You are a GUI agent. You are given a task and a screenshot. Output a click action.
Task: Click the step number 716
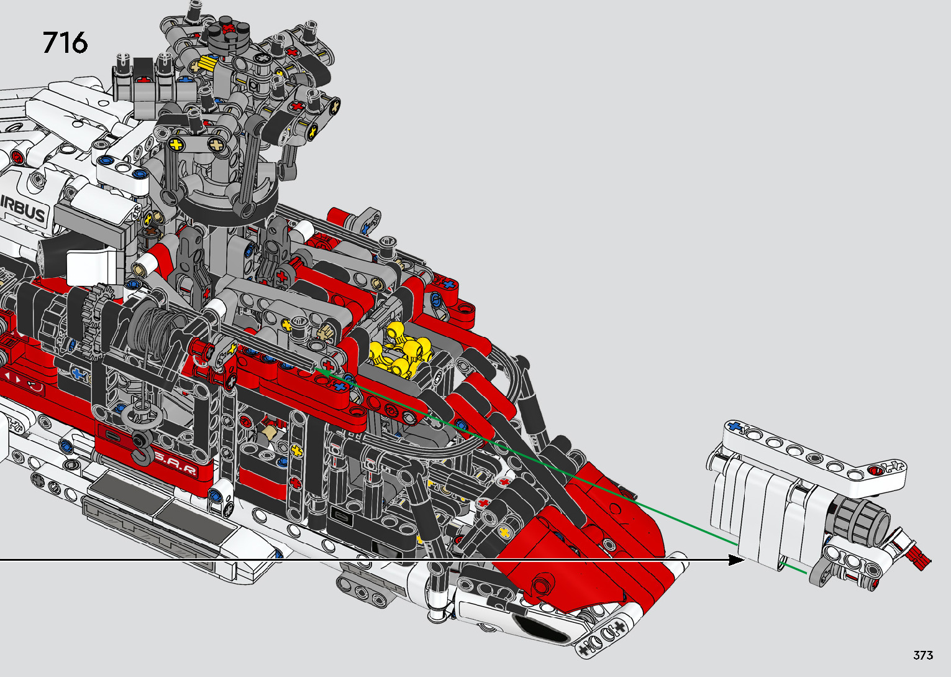coord(65,42)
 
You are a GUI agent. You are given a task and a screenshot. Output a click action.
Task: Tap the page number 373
coord(923,655)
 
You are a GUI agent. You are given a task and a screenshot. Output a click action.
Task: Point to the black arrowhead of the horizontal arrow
coord(737,560)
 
